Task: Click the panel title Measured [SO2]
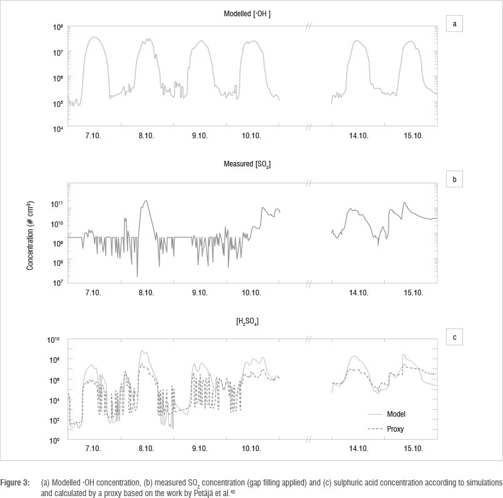(251, 164)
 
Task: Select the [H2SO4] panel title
(251, 322)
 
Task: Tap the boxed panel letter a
(455, 24)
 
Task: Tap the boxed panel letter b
(455, 179)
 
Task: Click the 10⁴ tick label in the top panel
(58, 129)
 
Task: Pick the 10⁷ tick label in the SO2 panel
(58, 283)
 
